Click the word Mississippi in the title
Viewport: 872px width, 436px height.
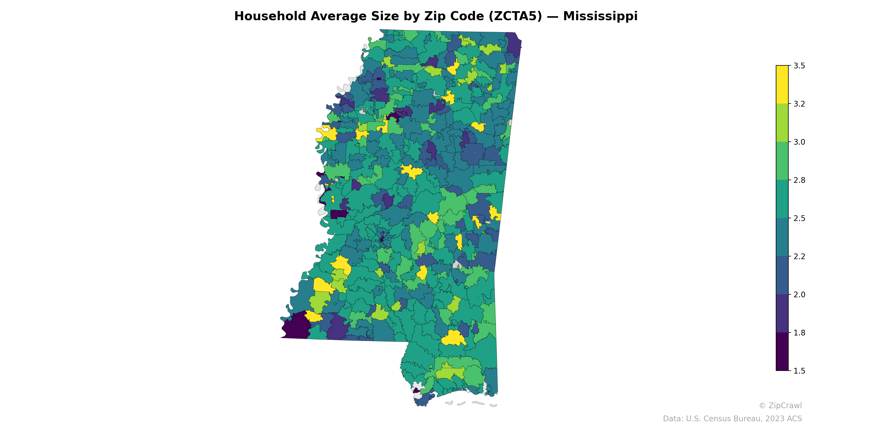[600, 16]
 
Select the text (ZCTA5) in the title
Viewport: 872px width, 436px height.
[515, 16]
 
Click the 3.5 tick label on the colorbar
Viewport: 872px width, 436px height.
[799, 66]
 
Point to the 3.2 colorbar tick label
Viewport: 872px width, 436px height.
[799, 104]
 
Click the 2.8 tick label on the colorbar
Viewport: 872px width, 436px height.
[799, 180]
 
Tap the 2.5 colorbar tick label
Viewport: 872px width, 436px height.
[799, 218]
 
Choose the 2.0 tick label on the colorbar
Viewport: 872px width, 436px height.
[799, 295]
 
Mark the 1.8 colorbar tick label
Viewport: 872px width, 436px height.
[799, 333]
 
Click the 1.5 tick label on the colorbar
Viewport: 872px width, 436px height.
[799, 371]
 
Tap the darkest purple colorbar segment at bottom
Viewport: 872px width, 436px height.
[782, 352]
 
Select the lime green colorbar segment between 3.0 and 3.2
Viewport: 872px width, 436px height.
[782, 123]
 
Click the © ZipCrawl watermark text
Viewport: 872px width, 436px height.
[780, 405]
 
